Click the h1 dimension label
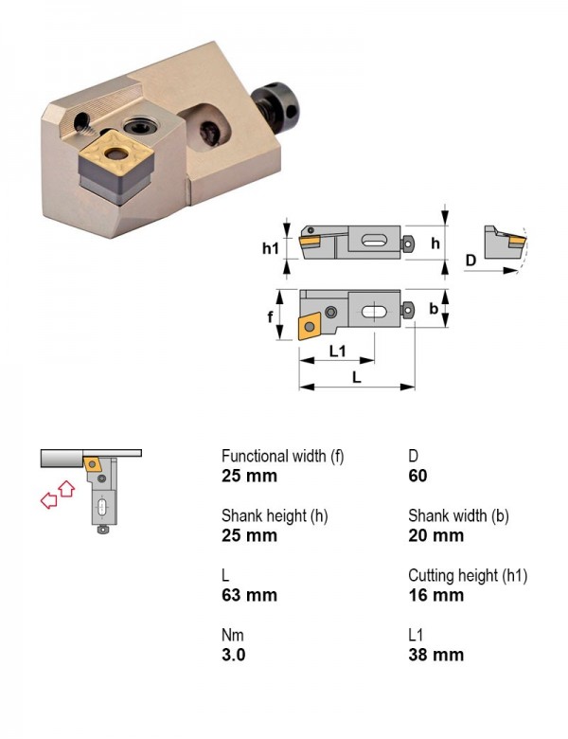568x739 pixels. click(x=271, y=248)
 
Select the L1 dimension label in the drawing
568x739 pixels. click(x=338, y=351)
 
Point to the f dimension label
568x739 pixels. click(x=270, y=317)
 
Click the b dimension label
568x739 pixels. click(x=434, y=308)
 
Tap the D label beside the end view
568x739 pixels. click(x=470, y=260)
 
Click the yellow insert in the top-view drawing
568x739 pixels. click(x=309, y=326)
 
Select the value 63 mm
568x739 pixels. click(x=249, y=595)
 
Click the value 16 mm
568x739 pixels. click(x=436, y=595)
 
